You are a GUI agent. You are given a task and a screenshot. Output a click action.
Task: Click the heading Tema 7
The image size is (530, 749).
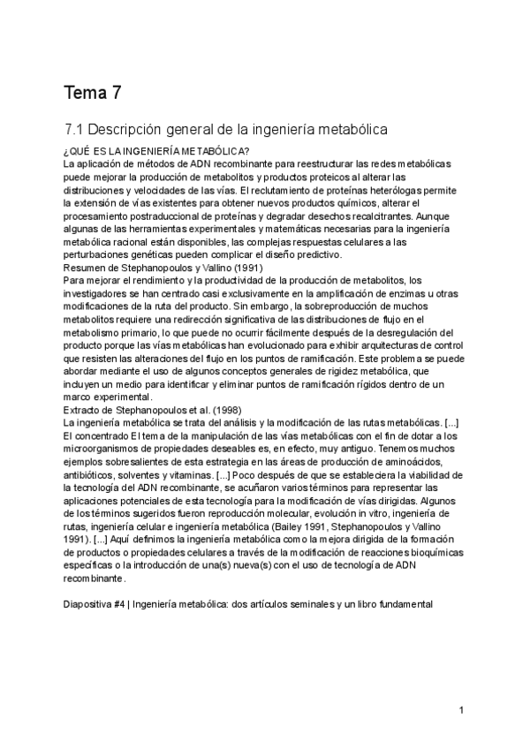tap(93, 92)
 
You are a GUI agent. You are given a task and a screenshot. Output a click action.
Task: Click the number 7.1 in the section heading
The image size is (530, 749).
tap(75, 129)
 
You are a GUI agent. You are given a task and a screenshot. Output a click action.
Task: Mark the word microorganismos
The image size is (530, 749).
tap(110, 449)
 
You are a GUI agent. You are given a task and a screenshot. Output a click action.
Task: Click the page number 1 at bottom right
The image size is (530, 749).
tap(462, 711)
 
